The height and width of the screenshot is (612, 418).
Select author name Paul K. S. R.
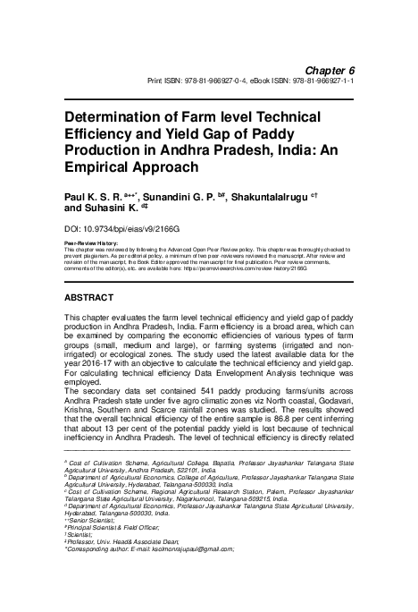(97, 192)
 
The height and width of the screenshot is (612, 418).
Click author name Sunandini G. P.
(183, 192)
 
